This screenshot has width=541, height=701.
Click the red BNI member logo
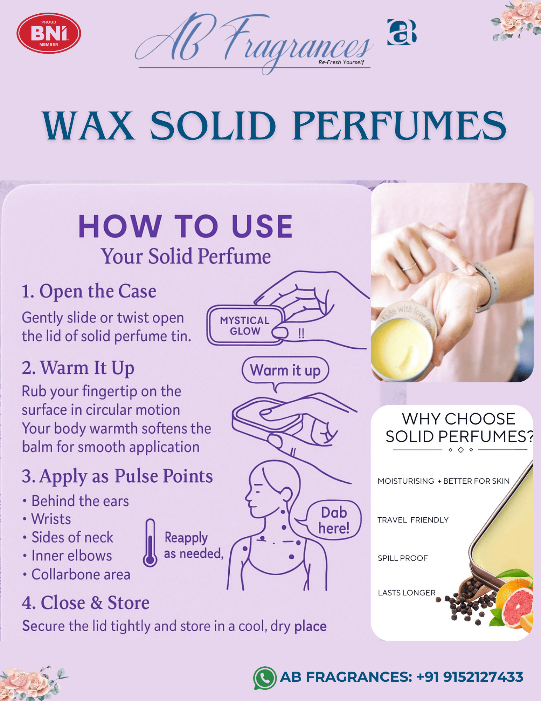pos(49,33)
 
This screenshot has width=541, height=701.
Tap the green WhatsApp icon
pos(265,678)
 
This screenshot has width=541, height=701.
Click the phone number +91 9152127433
pos(470,677)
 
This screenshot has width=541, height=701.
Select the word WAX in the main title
pos(88,125)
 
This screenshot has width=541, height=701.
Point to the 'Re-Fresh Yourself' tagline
pos(341,62)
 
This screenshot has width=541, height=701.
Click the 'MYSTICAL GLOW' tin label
pos(245,326)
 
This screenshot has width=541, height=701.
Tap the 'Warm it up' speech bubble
pos(285,370)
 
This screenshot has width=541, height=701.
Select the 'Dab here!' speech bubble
pos(334,520)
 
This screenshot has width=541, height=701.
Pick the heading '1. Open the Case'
pos(89,291)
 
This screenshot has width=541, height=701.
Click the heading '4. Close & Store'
pos(85,603)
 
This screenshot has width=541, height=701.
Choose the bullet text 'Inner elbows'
pos(72,556)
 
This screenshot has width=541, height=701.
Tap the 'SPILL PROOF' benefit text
pos(403,558)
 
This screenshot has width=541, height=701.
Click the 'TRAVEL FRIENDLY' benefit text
pos(413,520)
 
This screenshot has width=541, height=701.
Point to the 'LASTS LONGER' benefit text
pos(407,593)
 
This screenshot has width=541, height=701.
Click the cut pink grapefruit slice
pos(516,608)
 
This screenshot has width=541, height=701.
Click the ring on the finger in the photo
pos(409,266)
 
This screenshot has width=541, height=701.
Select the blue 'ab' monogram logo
pos(402,32)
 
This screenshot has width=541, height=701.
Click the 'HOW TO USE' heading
pos(186,226)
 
